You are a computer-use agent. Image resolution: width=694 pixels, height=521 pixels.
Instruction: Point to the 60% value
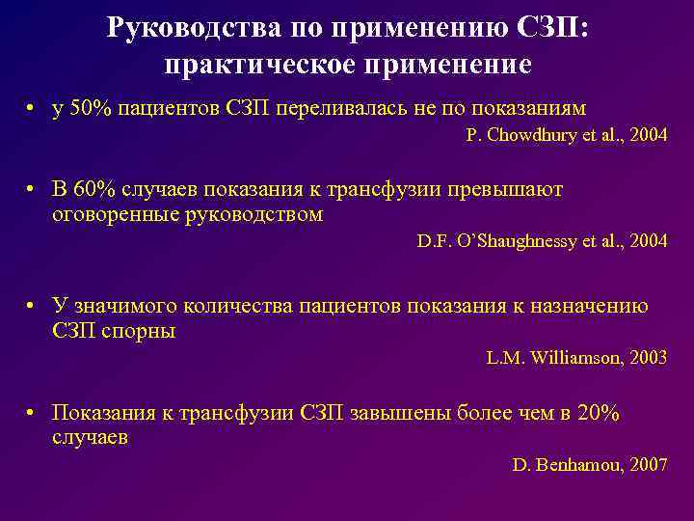[x=94, y=190]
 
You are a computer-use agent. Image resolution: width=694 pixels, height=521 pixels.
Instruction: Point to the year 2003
[x=648, y=357]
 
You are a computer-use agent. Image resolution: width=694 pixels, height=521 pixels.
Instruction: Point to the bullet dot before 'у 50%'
[x=33, y=109]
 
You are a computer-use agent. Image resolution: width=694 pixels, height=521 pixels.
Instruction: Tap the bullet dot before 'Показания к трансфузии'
[x=33, y=414]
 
